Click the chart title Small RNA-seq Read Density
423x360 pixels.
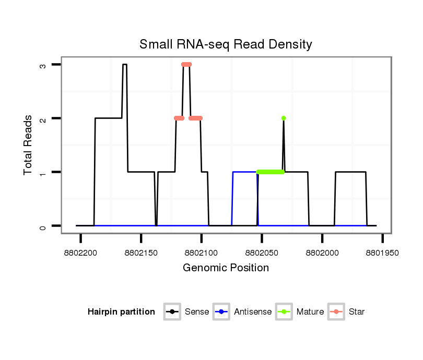tap(226, 44)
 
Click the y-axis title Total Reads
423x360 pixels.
tap(29, 145)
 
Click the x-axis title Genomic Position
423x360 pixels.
tap(226, 268)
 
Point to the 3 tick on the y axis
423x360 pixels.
tap(43, 65)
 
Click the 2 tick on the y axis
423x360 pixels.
tap(43, 118)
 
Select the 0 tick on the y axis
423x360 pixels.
tap(43, 226)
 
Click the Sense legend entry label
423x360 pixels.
tap(197, 312)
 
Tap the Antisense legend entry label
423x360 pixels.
tap(253, 312)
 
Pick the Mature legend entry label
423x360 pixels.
tap(310, 312)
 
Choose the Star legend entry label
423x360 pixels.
tap(357, 312)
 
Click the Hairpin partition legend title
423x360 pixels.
tap(121, 312)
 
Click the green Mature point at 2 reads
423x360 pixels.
tap(284, 118)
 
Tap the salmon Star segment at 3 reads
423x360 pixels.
tap(186, 65)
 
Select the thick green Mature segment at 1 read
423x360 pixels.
tap(270, 172)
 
